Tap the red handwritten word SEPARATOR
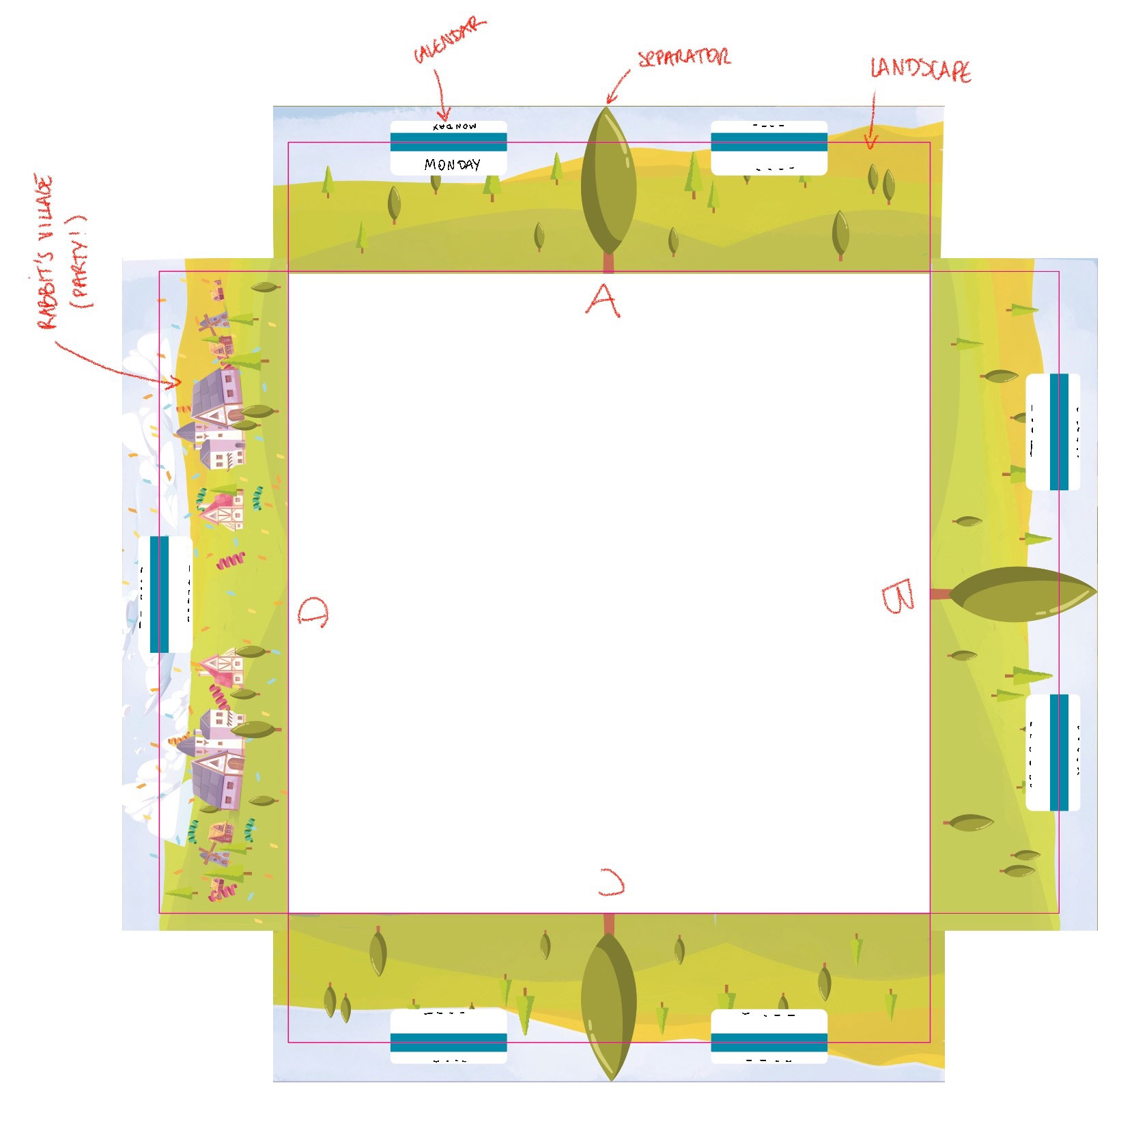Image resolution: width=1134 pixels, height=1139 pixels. pyautogui.click(x=683, y=57)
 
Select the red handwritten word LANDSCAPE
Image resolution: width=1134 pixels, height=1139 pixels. pyautogui.click(x=920, y=70)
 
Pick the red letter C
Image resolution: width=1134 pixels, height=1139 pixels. pyautogui.click(x=611, y=882)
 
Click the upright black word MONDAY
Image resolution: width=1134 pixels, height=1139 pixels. pyautogui.click(x=452, y=165)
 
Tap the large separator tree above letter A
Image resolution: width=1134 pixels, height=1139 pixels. pyautogui.click(x=608, y=181)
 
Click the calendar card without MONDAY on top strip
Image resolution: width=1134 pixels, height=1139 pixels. pyautogui.click(x=769, y=147)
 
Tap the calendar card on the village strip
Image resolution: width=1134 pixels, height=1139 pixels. pyautogui.click(x=165, y=594)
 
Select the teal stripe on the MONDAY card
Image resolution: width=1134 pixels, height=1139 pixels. pyautogui.click(x=449, y=142)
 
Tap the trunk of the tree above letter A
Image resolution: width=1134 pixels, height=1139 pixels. pyautogui.click(x=608, y=262)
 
